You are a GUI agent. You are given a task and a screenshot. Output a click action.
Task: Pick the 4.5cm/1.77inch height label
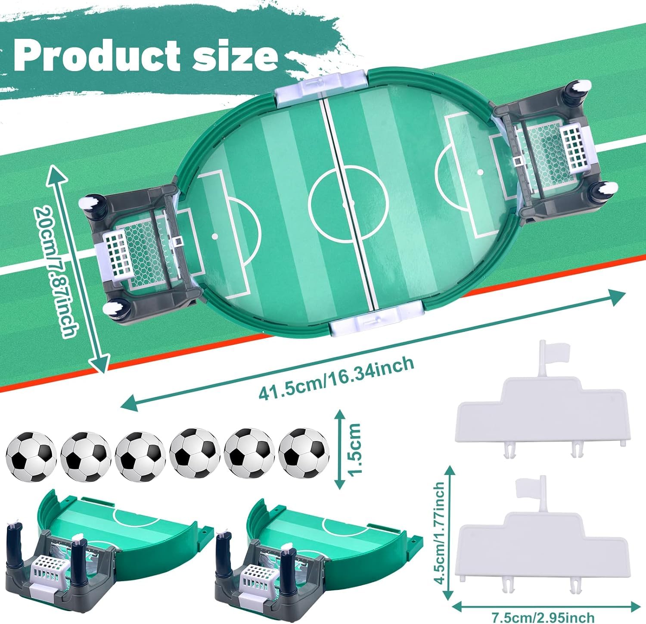[x=439, y=532]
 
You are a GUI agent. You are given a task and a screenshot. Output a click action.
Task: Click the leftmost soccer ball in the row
[x=31, y=457]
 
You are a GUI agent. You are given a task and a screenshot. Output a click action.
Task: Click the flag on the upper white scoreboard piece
[x=553, y=353]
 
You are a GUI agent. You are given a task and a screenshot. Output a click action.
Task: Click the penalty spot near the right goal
[x=480, y=172]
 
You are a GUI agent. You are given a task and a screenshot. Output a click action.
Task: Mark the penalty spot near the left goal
[x=214, y=236]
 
